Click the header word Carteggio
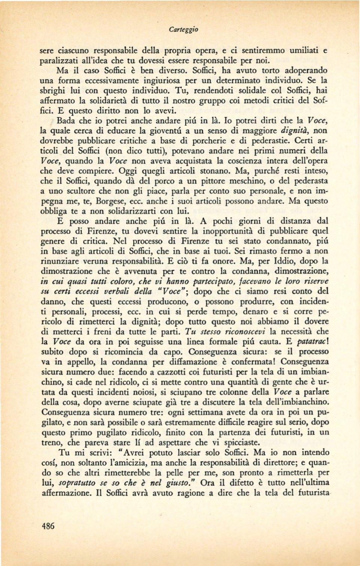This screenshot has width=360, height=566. click(x=183, y=29)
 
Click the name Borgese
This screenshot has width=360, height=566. click(x=110, y=201)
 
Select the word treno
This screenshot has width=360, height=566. click(x=52, y=443)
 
